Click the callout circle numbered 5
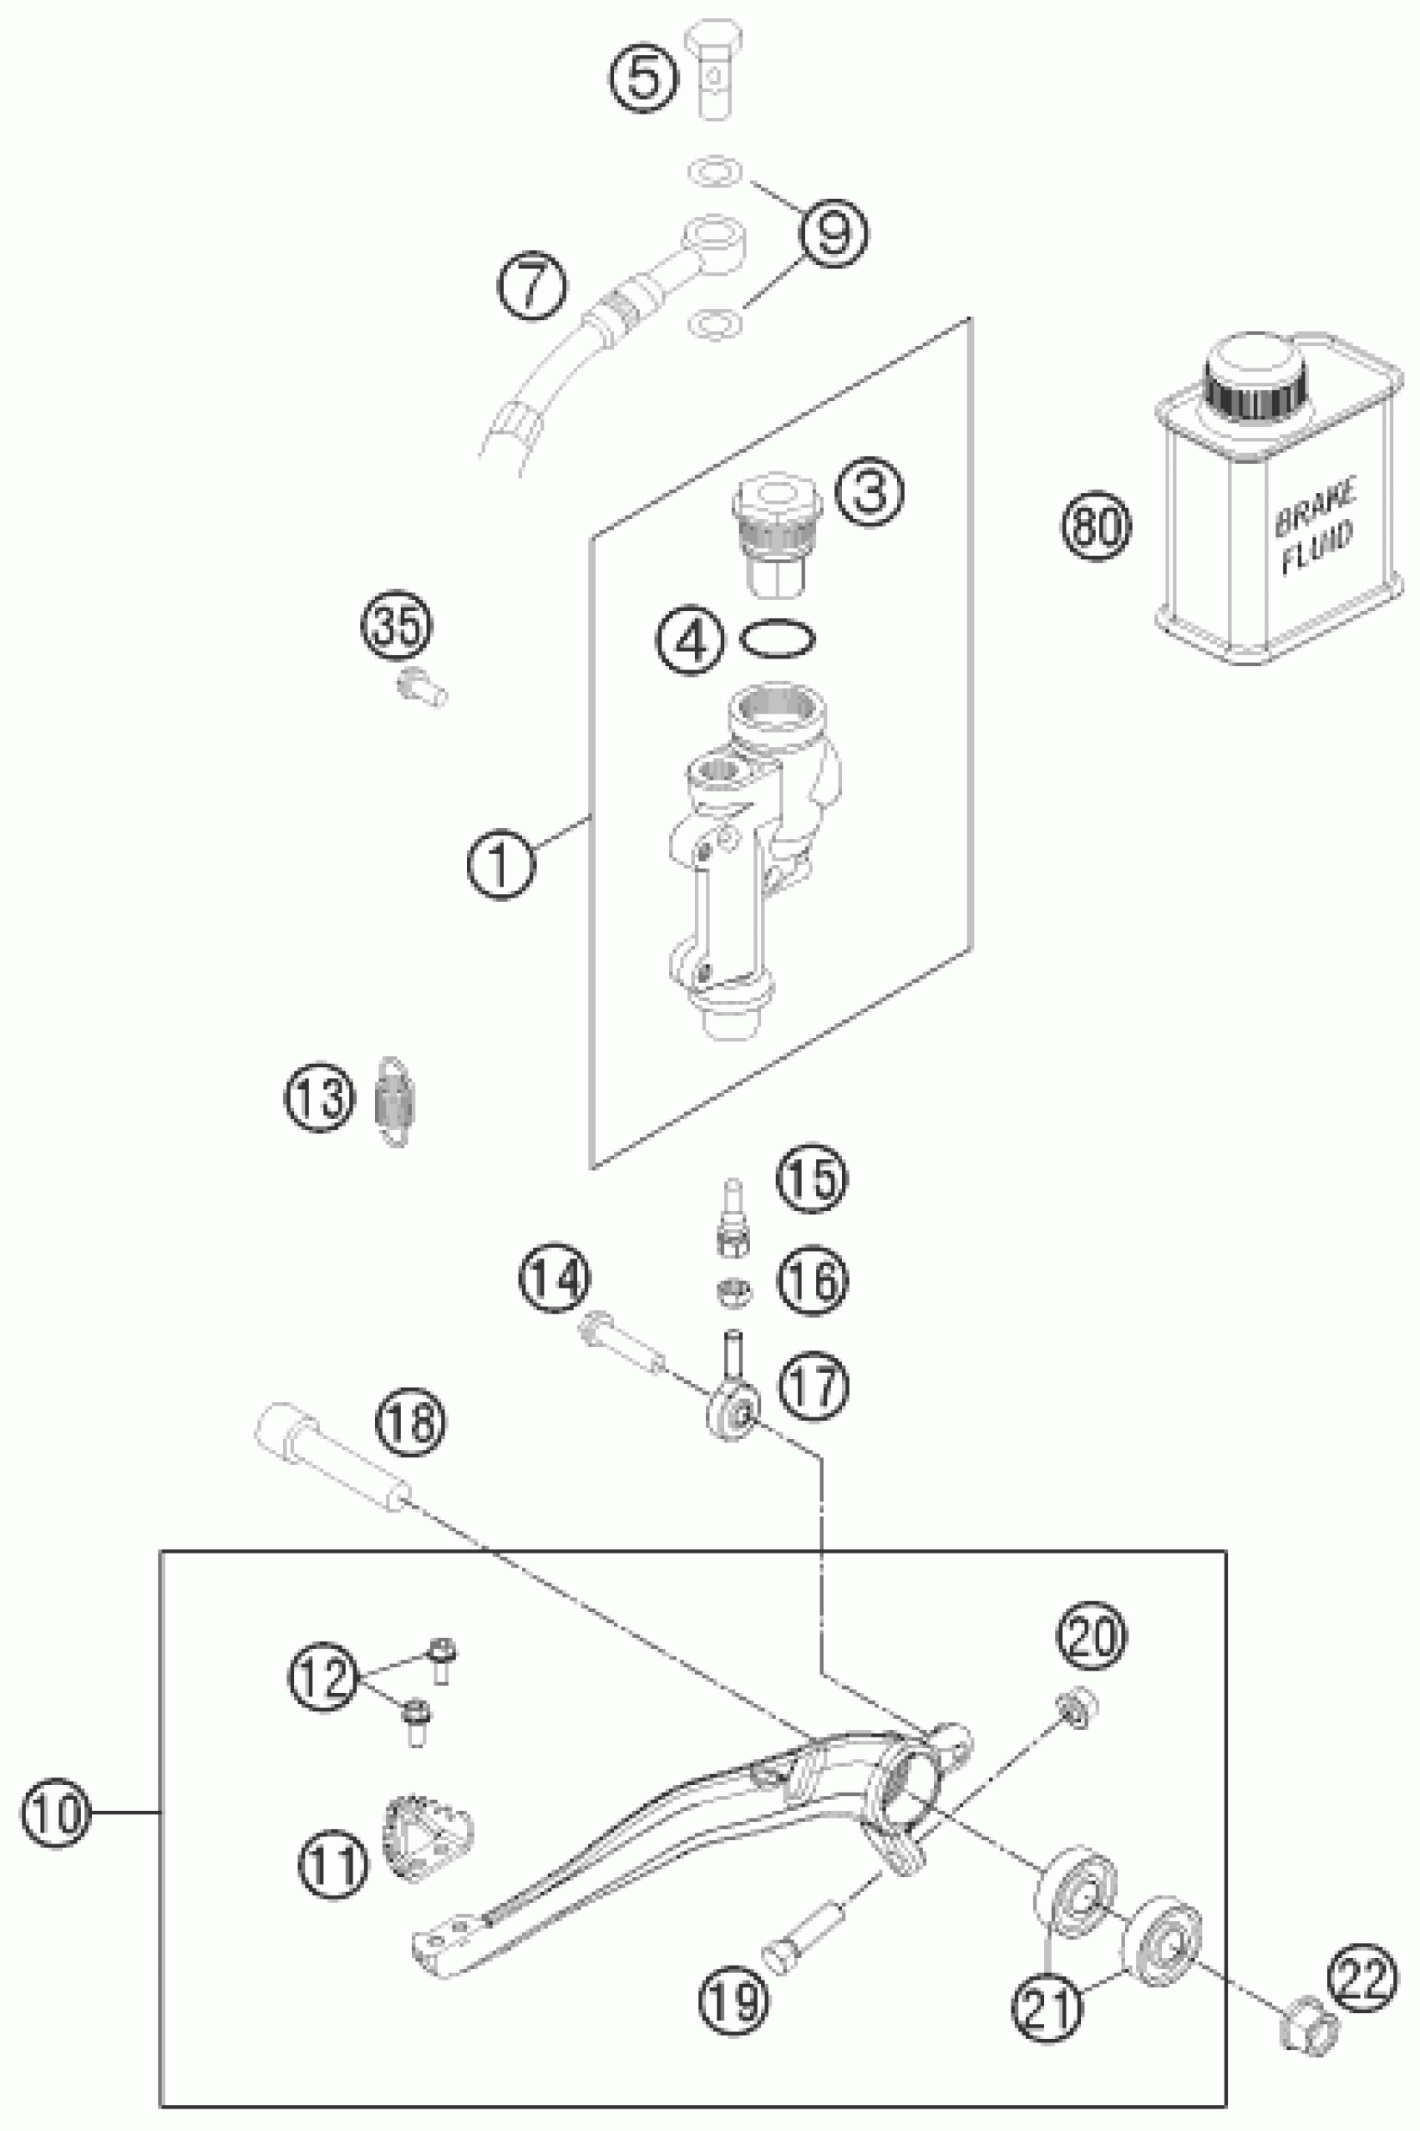tap(643, 78)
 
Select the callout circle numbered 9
tap(832, 233)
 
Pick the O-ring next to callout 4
tap(778, 639)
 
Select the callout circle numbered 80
tap(1097, 526)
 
